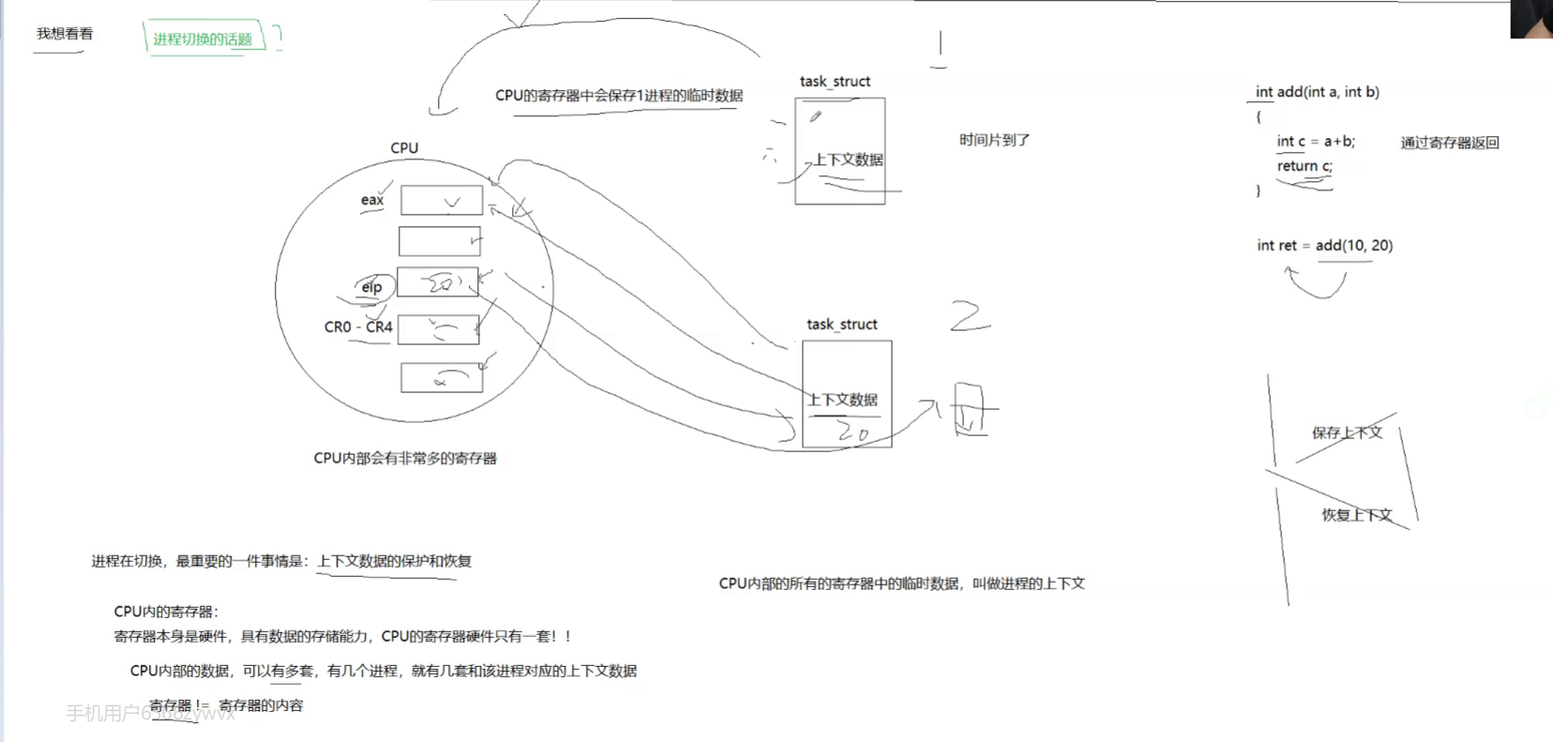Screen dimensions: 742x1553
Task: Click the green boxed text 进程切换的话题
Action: pyautogui.click(x=203, y=39)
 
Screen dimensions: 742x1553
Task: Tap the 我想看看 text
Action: pyautogui.click(x=65, y=34)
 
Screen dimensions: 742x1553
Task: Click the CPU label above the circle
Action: pyautogui.click(x=404, y=148)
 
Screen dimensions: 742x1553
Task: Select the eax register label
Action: pyautogui.click(x=372, y=200)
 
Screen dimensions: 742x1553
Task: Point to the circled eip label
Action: pyautogui.click(x=372, y=287)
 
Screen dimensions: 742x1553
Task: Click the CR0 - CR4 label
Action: pyautogui.click(x=358, y=327)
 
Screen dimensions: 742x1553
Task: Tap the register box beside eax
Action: pyautogui.click(x=442, y=200)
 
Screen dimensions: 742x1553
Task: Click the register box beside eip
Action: pyautogui.click(x=438, y=282)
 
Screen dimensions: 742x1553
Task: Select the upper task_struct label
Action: pyautogui.click(x=835, y=82)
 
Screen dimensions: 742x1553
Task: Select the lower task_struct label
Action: pyautogui.click(x=842, y=325)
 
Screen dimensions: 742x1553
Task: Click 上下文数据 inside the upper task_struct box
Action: pyautogui.click(x=849, y=159)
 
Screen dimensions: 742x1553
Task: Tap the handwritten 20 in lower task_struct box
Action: pyautogui.click(x=852, y=432)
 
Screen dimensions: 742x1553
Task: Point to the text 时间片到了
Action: pyautogui.click(x=994, y=140)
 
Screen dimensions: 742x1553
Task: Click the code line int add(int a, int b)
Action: pyautogui.click(x=1318, y=92)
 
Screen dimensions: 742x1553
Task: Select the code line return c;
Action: pyautogui.click(x=1304, y=166)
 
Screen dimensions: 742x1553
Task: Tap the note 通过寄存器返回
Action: pyautogui.click(x=1450, y=143)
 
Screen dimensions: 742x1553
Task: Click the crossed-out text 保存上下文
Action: pyautogui.click(x=1347, y=432)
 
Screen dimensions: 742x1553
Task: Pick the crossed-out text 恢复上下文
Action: pyautogui.click(x=1357, y=515)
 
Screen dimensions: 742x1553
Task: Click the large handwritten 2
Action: pyautogui.click(x=970, y=317)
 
